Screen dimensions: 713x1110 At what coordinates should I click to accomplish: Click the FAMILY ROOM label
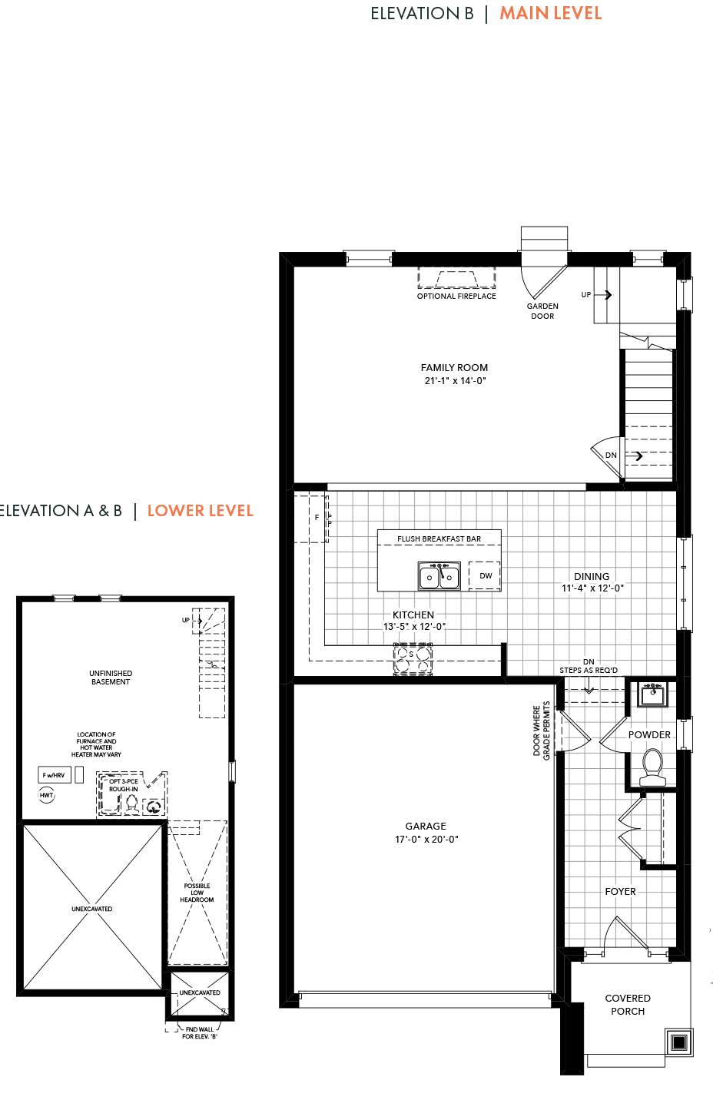coord(454,368)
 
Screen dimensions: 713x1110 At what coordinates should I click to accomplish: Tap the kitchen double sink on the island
coord(439,576)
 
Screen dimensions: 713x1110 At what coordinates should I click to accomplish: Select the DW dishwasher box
coord(484,576)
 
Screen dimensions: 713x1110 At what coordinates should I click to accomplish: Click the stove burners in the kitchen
coord(413,660)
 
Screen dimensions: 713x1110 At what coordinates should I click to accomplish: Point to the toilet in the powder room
coord(652,767)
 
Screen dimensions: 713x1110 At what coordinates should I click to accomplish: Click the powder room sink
coord(652,693)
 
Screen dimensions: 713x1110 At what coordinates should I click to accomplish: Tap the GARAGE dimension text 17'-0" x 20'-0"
coord(426,839)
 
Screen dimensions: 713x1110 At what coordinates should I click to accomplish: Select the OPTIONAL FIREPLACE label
coord(456,297)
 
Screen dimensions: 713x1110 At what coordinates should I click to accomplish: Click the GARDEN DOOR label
coord(542,311)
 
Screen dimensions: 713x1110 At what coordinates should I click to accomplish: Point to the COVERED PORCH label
coord(627,1005)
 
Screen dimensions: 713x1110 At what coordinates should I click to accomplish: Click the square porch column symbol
coord(679,1042)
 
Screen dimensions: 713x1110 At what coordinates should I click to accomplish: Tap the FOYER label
coord(620,892)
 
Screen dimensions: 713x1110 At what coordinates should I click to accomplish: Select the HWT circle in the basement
coord(46,795)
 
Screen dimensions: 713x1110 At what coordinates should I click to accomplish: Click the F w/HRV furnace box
coord(54,775)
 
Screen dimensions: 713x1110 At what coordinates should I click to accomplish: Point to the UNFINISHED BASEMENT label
coord(111,678)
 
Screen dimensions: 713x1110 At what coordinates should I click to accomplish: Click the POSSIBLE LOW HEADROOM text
coord(197,893)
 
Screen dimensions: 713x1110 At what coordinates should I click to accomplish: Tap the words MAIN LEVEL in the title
coord(550,13)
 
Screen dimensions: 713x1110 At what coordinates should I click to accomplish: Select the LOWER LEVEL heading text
coord(201,511)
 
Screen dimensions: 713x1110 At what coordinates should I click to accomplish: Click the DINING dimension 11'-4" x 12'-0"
coord(592,588)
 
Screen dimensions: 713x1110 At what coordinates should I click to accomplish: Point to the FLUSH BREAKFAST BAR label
coord(439,538)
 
